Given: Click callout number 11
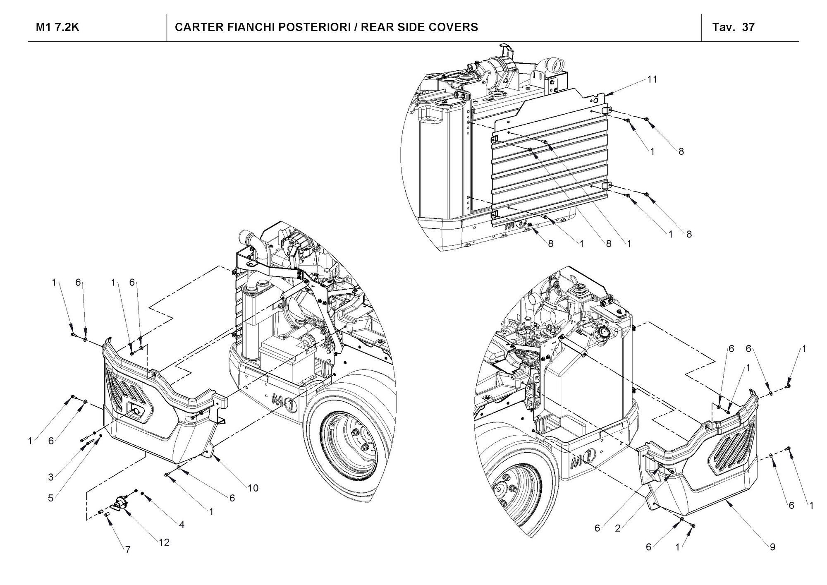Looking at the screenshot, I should pyautogui.click(x=652, y=79).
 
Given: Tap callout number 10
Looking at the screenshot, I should pyautogui.click(x=253, y=488).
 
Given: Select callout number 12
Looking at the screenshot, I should pyautogui.click(x=164, y=542).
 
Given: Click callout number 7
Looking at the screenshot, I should pyautogui.click(x=128, y=550).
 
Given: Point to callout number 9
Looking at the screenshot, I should pyautogui.click(x=772, y=547).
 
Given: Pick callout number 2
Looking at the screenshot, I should pyautogui.click(x=618, y=528).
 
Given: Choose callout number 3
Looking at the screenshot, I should pyautogui.click(x=51, y=477).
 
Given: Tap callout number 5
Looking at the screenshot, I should pyautogui.click(x=51, y=498).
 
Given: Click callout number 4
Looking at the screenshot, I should pyautogui.click(x=182, y=525).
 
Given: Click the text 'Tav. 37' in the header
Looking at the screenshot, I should pyautogui.click(x=734, y=27).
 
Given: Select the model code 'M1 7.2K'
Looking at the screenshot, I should pyautogui.click(x=57, y=27).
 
